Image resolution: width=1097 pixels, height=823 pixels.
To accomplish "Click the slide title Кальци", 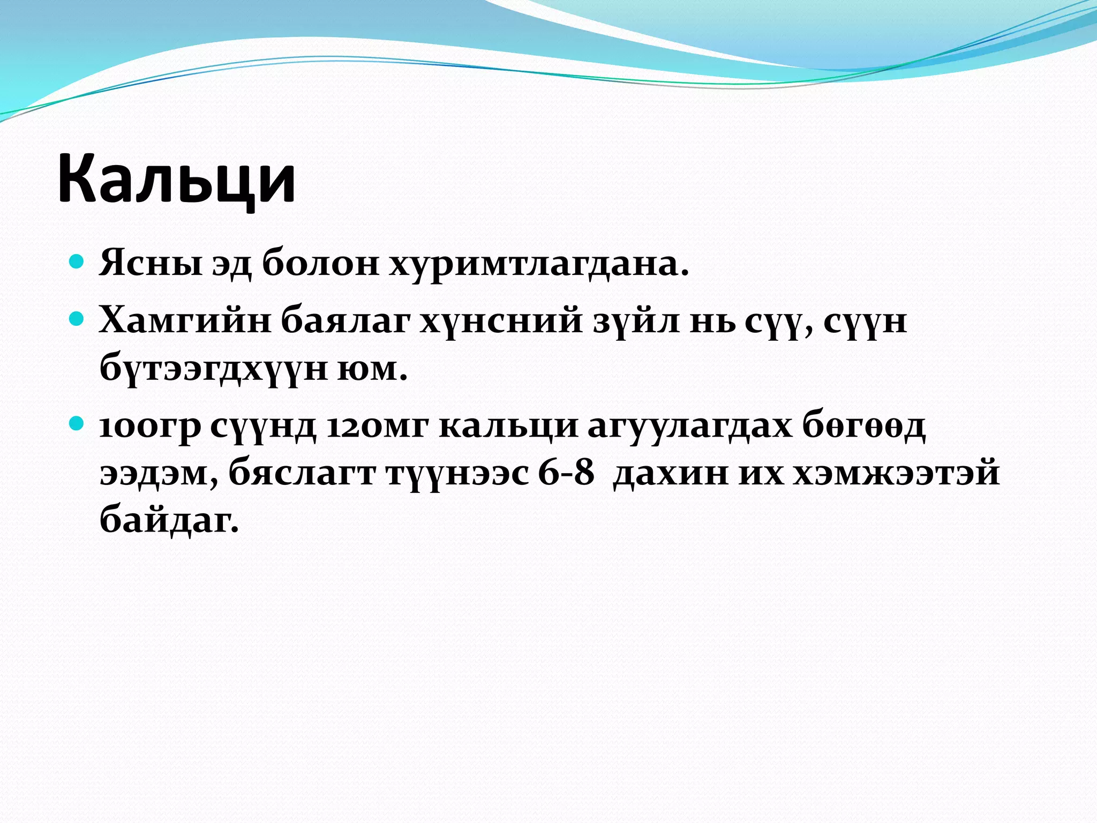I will (177, 178).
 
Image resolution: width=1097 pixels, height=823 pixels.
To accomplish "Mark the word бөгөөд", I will (863, 427).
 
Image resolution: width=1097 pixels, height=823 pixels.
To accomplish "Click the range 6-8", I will (566, 473).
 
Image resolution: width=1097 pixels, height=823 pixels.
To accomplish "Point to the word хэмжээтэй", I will (896, 473).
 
